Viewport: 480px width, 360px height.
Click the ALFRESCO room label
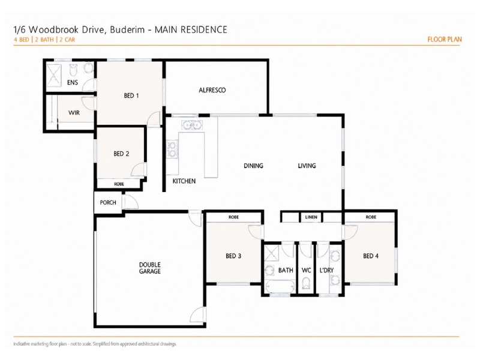coord(212,90)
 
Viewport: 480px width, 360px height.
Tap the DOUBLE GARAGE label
coord(149,268)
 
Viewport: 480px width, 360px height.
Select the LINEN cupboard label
coord(311,217)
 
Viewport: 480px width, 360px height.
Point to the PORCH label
coord(108,202)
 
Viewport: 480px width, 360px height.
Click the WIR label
coord(74,113)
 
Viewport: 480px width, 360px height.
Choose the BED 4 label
coord(371,256)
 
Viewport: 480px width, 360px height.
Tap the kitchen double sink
coord(192,125)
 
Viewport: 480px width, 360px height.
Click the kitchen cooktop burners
coord(172,149)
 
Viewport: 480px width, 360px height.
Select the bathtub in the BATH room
coord(280,287)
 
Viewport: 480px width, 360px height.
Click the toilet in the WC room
coord(306,283)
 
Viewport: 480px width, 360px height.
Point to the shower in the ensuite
coord(54,76)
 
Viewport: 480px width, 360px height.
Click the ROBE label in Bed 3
coord(233,217)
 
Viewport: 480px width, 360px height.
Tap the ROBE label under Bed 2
coord(119,184)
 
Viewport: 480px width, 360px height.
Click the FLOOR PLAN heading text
coord(445,39)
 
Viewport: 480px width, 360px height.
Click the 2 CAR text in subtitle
coord(67,40)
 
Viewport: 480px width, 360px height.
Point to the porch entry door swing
coord(131,202)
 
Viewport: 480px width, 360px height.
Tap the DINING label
coord(253,166)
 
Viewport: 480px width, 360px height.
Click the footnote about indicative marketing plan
coord(95,344)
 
